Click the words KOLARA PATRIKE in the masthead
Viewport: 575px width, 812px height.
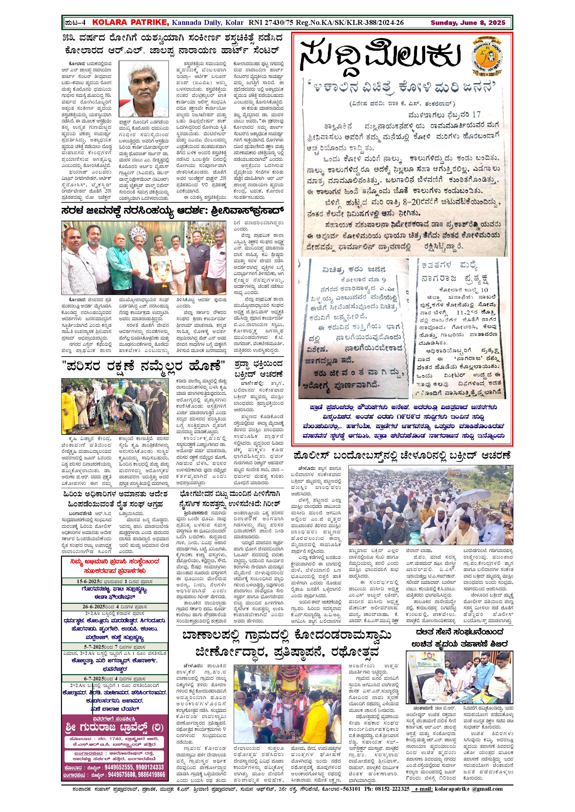(130, 23)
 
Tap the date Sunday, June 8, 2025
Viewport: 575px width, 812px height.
(468, 23)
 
